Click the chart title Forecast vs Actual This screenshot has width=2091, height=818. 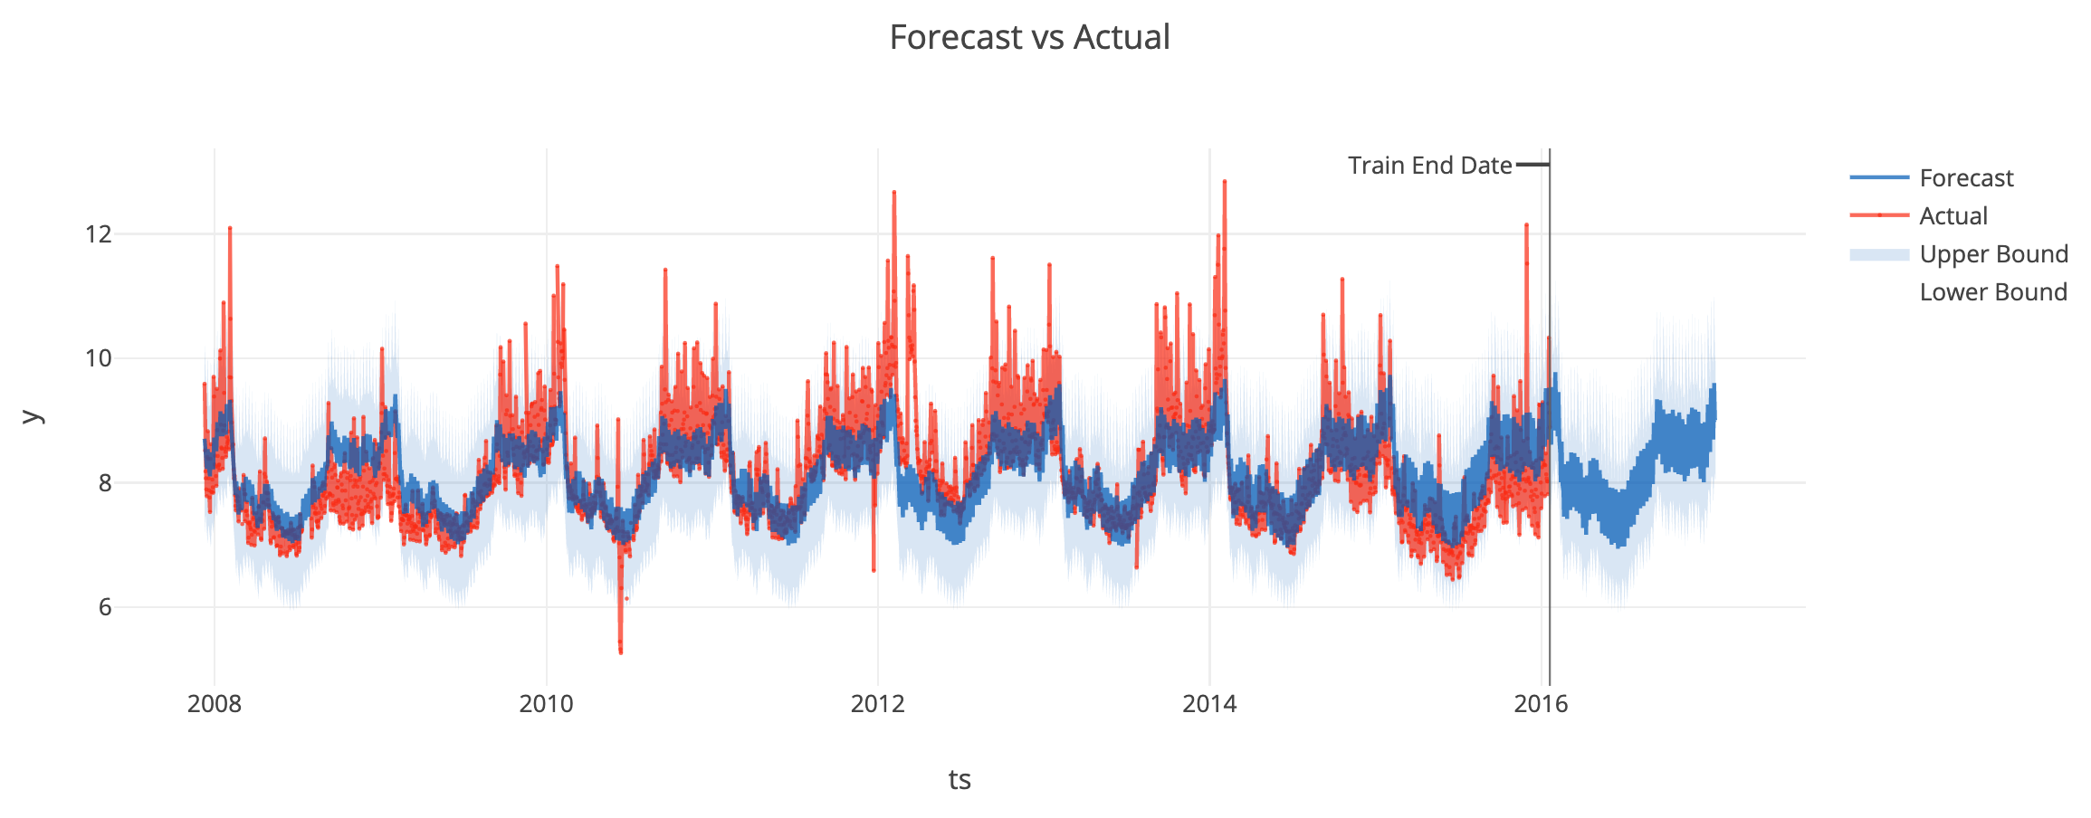(x=1029, y=38)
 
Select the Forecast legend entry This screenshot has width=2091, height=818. (x=1965, y=178)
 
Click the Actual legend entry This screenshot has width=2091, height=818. (x=1953, y=216)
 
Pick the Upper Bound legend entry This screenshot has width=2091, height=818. (x=1993, y=254)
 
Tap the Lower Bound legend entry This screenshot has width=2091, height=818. (x=1992, y=292)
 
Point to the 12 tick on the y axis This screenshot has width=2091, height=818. (x=98, y=234)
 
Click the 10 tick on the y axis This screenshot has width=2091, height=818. (x=98, y=358)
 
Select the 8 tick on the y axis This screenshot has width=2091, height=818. (x=103, y=483)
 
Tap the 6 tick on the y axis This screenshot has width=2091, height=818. (x=103, y=607)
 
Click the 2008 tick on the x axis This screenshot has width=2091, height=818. (x=215, y=705)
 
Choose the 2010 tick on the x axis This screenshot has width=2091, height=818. (x=546, y=705)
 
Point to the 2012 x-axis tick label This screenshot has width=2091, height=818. (x=877, y=705)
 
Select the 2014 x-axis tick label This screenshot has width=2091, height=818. (x=1209, y=705)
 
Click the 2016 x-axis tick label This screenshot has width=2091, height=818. (x=1541, y=705)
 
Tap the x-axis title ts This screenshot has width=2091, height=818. (x=960, y=779)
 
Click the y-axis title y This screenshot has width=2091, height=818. (x=32, y=416)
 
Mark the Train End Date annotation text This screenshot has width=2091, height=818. (x=1429, y=166)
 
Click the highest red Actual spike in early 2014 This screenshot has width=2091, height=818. (x=1224, y=182)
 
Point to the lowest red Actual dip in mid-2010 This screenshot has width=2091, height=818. (x=620, y=652)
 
